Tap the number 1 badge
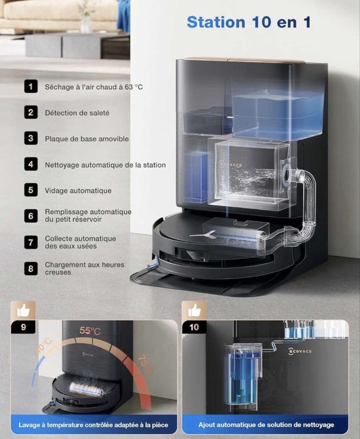click(31, 87)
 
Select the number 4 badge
click(31, 164)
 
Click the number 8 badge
click(31, 268)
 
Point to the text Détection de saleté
click(77, 113)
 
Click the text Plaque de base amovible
click(87, 139)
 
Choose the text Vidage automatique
click(78, 191)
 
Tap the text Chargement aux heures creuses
click(84, 268)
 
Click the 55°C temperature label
click(90, 331)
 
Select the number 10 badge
click(194, 327)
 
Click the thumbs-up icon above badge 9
click(23, 310)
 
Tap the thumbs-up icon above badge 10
click(194, 310)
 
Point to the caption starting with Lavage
click(93, 425)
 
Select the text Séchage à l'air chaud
click(93, 87)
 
